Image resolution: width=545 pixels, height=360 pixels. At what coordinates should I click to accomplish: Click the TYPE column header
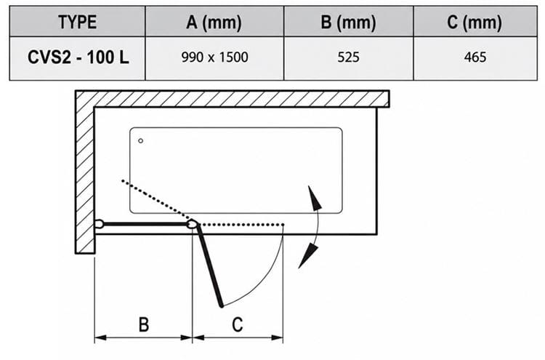point(77,22)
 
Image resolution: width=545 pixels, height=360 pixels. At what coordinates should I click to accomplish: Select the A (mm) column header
point(214,23)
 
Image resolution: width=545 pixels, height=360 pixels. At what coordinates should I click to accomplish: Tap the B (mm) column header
point(348,23)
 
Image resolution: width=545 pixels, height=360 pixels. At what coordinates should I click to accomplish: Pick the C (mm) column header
point(475,23)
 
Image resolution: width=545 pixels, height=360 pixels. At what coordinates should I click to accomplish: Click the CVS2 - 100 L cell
point(78,57)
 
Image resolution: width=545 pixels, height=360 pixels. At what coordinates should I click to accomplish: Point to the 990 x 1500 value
point(215,57)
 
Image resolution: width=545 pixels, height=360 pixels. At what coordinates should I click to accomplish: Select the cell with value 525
point(348,57)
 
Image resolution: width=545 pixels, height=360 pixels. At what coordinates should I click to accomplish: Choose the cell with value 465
point(475,57)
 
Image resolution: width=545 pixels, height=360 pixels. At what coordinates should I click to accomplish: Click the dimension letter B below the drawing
point(144,324)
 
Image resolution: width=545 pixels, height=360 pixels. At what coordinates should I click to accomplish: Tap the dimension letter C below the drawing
point(238,324)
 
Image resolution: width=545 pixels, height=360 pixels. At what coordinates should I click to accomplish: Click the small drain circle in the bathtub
point(141,141)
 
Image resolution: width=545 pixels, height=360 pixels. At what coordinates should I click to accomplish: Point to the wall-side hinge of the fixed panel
point(99,224)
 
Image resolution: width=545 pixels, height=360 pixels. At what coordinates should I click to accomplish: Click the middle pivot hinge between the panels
point(192,224)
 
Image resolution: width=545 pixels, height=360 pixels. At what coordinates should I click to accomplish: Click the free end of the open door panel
point(222,305)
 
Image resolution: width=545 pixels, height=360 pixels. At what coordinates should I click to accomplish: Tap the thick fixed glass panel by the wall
point(145,224)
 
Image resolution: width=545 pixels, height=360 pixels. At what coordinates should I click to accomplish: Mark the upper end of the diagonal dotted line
point(122,180)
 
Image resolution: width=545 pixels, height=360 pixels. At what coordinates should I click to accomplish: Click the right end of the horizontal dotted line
point(283,225)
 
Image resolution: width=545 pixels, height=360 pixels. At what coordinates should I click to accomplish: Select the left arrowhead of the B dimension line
point(100,337)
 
